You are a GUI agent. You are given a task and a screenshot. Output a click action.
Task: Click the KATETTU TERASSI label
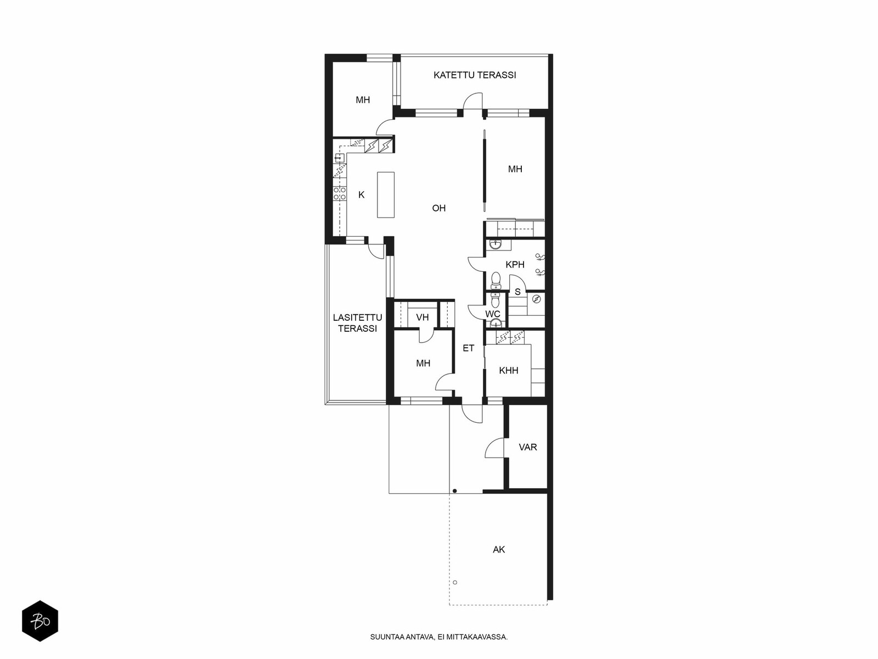click(475, 75)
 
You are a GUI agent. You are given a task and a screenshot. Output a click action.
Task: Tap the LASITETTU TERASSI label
click(357, 323)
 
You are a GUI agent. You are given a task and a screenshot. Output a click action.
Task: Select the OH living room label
click(439, 208)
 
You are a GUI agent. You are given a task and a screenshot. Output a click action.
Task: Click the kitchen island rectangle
click(386, 195)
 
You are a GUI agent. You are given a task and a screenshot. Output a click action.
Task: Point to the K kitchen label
click(361, 195)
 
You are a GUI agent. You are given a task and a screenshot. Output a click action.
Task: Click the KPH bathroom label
click(515, 265)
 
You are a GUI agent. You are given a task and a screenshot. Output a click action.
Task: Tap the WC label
click(492, 314)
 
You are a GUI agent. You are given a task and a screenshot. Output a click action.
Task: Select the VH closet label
click(423, 317)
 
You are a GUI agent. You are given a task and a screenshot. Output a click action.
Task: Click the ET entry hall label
click(469, 348)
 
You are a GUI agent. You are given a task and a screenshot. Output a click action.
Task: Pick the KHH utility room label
click(508, 371)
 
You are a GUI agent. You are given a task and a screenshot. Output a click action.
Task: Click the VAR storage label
click(527, 447)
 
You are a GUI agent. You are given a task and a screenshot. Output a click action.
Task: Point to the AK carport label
click(499, 550)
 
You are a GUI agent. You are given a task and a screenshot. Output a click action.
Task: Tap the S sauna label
click(517, 292)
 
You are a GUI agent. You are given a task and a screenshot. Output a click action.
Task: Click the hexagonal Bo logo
click(40, 621)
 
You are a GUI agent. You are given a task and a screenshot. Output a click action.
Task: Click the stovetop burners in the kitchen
click(340, 193)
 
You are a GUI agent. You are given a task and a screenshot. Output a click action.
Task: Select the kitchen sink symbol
click(340, 158)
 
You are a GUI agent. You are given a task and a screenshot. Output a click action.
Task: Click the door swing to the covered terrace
click(473, 101)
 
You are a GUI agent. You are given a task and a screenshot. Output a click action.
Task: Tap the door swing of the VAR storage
click(494, 448)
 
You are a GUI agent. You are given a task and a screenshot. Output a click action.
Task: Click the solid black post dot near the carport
click(455, 490)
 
